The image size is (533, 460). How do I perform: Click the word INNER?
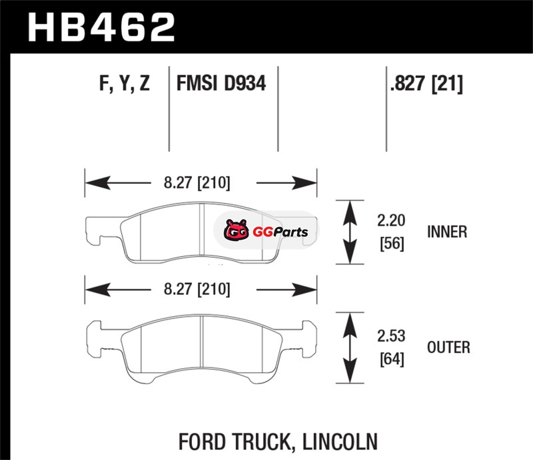tap(447, 232)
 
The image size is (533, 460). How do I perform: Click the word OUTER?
tap(448, 347)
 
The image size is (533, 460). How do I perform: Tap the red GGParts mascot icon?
tap(234, 232)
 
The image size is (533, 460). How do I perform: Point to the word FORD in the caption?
tap(201, 441)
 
